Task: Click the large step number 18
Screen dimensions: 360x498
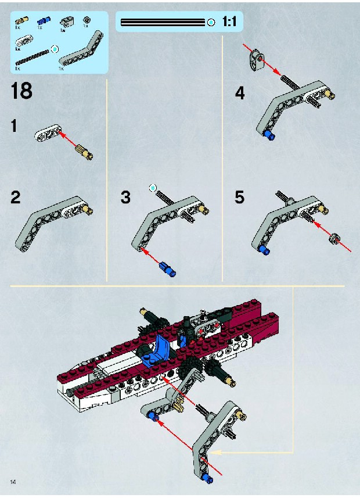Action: pyautogui.click(x=21, y=91)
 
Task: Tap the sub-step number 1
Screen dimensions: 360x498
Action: pyautogui.click(x=14, y=126)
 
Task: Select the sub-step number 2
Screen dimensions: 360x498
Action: pyautogui.click(x=15, y=197)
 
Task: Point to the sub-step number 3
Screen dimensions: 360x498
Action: pyautogui.click(x=125, y=197)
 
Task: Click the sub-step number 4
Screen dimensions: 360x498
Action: pyautogui.click(x=240, y=93)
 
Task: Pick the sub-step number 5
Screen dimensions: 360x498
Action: pyautogui.click(x=240, y=197)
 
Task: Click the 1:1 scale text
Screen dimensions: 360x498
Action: pyautogui.click(x=229, y=22)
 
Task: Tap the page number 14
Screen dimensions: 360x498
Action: pyautogui.click(x=13, y=482)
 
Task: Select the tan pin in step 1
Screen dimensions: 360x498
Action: pyautogui.click(x=84, y=151)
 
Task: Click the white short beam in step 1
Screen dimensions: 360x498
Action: pyautogui.click(x=48, y=132)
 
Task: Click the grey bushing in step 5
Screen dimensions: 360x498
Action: pyautogui.click(x=334, y=238)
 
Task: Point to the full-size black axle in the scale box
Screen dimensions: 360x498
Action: pyautogui.click(x=163, y=23)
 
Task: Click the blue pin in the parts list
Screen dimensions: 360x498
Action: pyautogui.click(x=42, y=21)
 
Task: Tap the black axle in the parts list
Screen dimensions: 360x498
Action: pyautogui.click(x=33, y=57)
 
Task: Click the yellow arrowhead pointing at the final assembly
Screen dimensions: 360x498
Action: pyautogui.click(x=213, y=452)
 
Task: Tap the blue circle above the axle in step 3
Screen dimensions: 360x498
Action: pyautogui.click(x=153, y=188)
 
